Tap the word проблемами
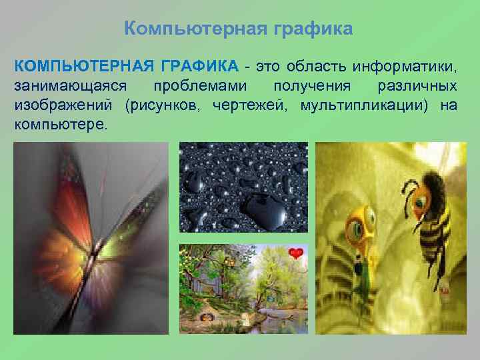(x=198, y=86)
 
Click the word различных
(x=417, y=86)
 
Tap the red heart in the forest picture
(x=296, y=253)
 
